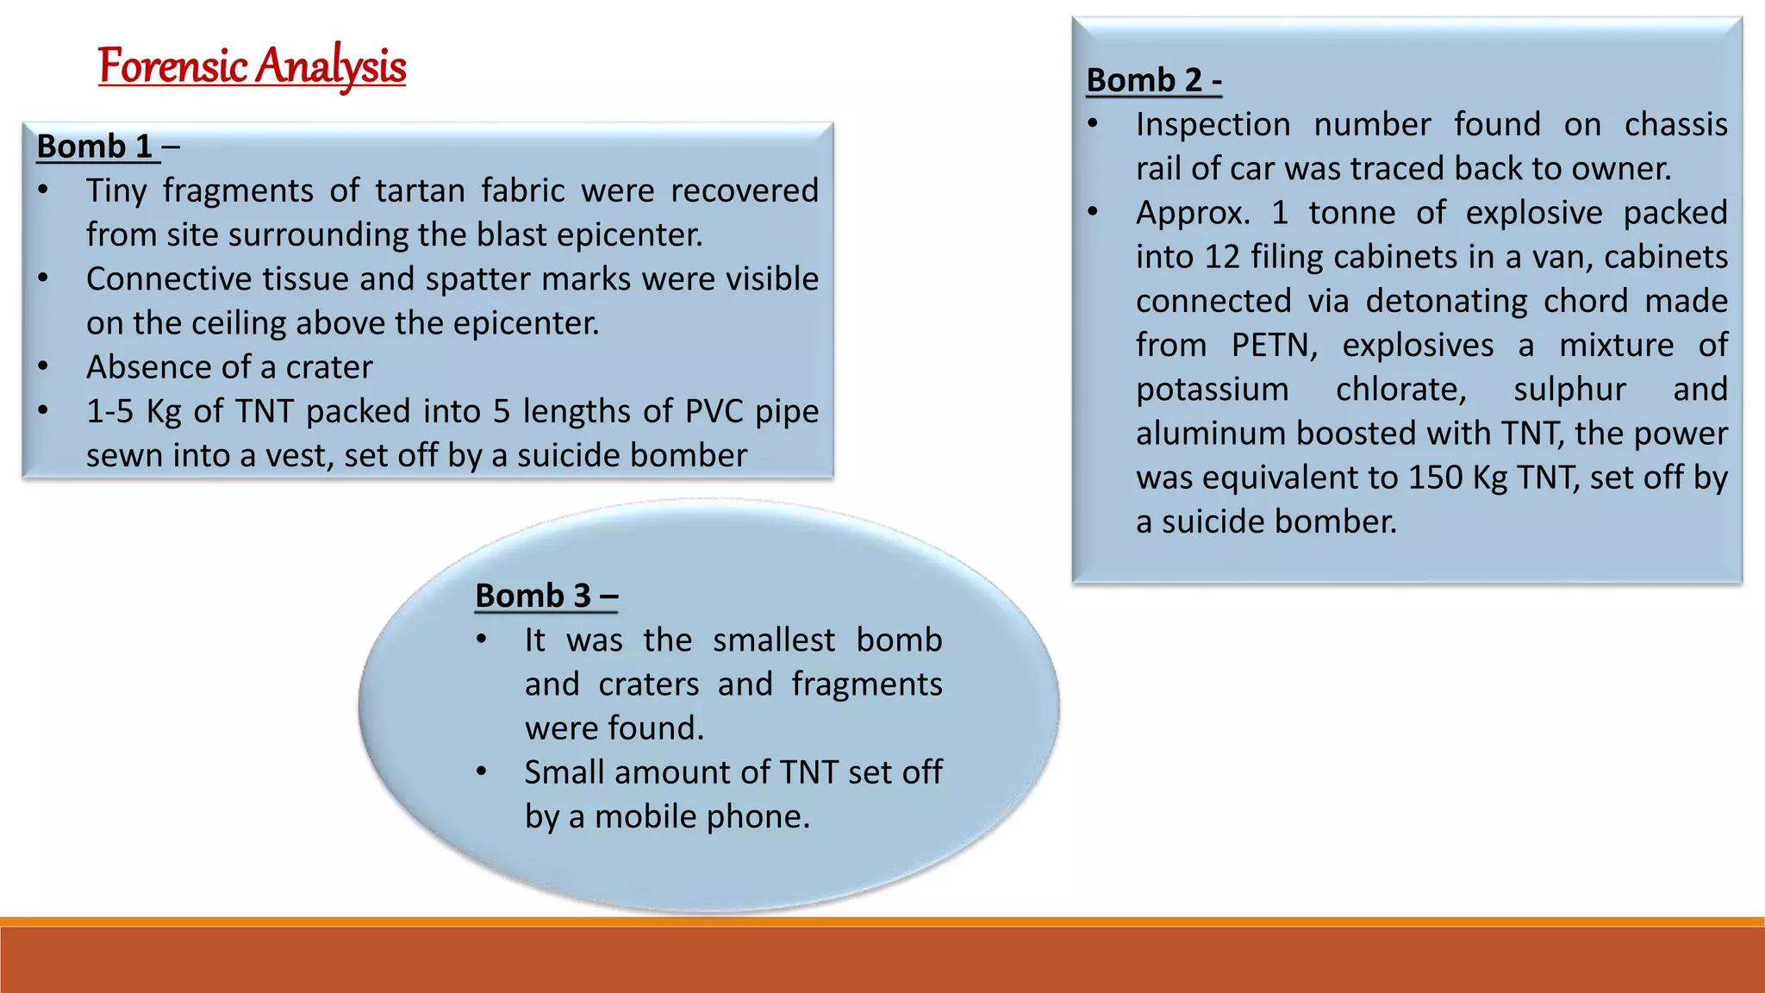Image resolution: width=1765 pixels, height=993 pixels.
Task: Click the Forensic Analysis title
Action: click(x=252, y=66)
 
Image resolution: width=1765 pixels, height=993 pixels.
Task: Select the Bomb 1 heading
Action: click(x=95, y=147)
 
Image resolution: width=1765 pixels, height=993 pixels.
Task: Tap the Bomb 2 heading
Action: click(x=1153, y=80)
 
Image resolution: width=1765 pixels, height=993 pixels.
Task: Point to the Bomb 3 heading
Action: click(x=546, y=596)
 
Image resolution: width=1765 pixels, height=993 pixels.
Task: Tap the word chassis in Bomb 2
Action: click(x=1675, y=125)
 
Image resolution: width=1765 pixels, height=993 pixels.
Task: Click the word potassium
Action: click(x=1212, y=390)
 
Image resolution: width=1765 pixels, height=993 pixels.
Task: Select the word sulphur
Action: click(x=1569, y=390)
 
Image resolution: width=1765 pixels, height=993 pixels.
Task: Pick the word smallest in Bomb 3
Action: click(x=773, y=640)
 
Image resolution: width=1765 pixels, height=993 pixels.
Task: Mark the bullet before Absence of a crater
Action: click(x=43, y=366)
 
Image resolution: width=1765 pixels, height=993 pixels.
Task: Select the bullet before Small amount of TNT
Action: click(x=482, y=771)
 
